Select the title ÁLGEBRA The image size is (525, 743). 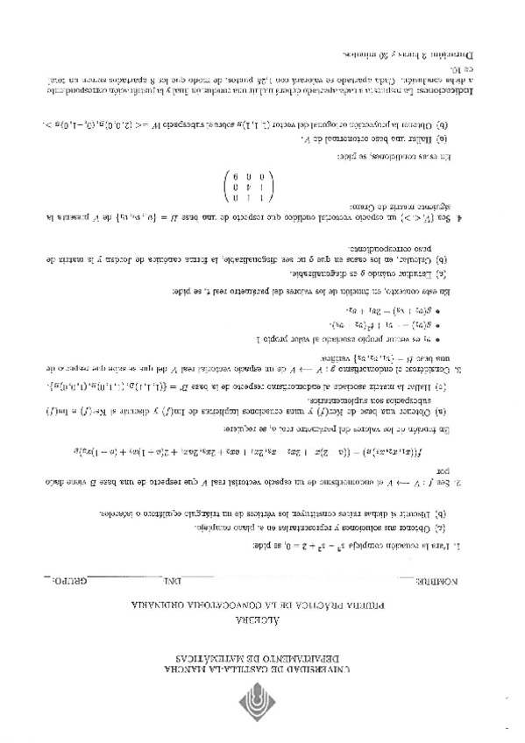[x=262, y=622]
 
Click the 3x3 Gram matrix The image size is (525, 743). [x=249, y=188]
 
